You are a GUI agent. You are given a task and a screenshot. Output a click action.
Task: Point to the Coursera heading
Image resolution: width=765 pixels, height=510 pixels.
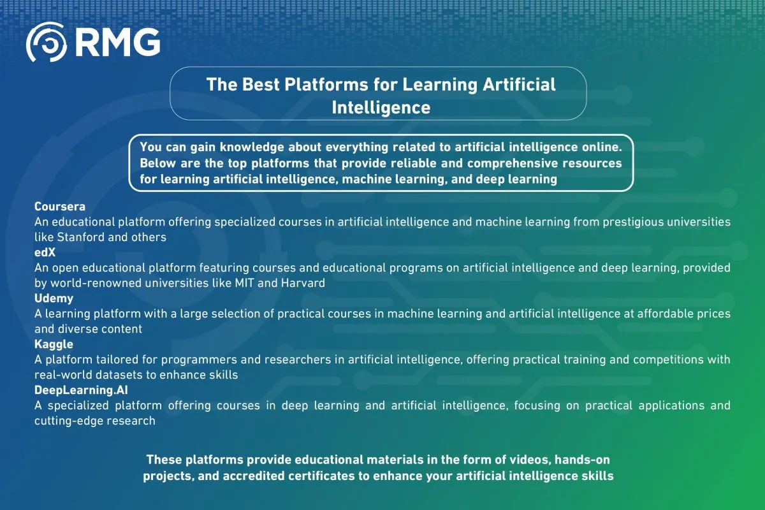(x=59, y=207)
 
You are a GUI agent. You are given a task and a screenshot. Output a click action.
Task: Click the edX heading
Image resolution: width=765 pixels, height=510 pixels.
(x=45, y=252)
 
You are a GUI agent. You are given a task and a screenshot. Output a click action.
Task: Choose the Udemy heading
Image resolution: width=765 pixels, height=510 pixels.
(x=54, y=298)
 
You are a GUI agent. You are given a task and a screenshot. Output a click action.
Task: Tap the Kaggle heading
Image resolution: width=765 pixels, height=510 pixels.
(x=55, y=344)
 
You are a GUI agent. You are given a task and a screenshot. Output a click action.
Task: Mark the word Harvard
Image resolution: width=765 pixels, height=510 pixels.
(x=303, y=283)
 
